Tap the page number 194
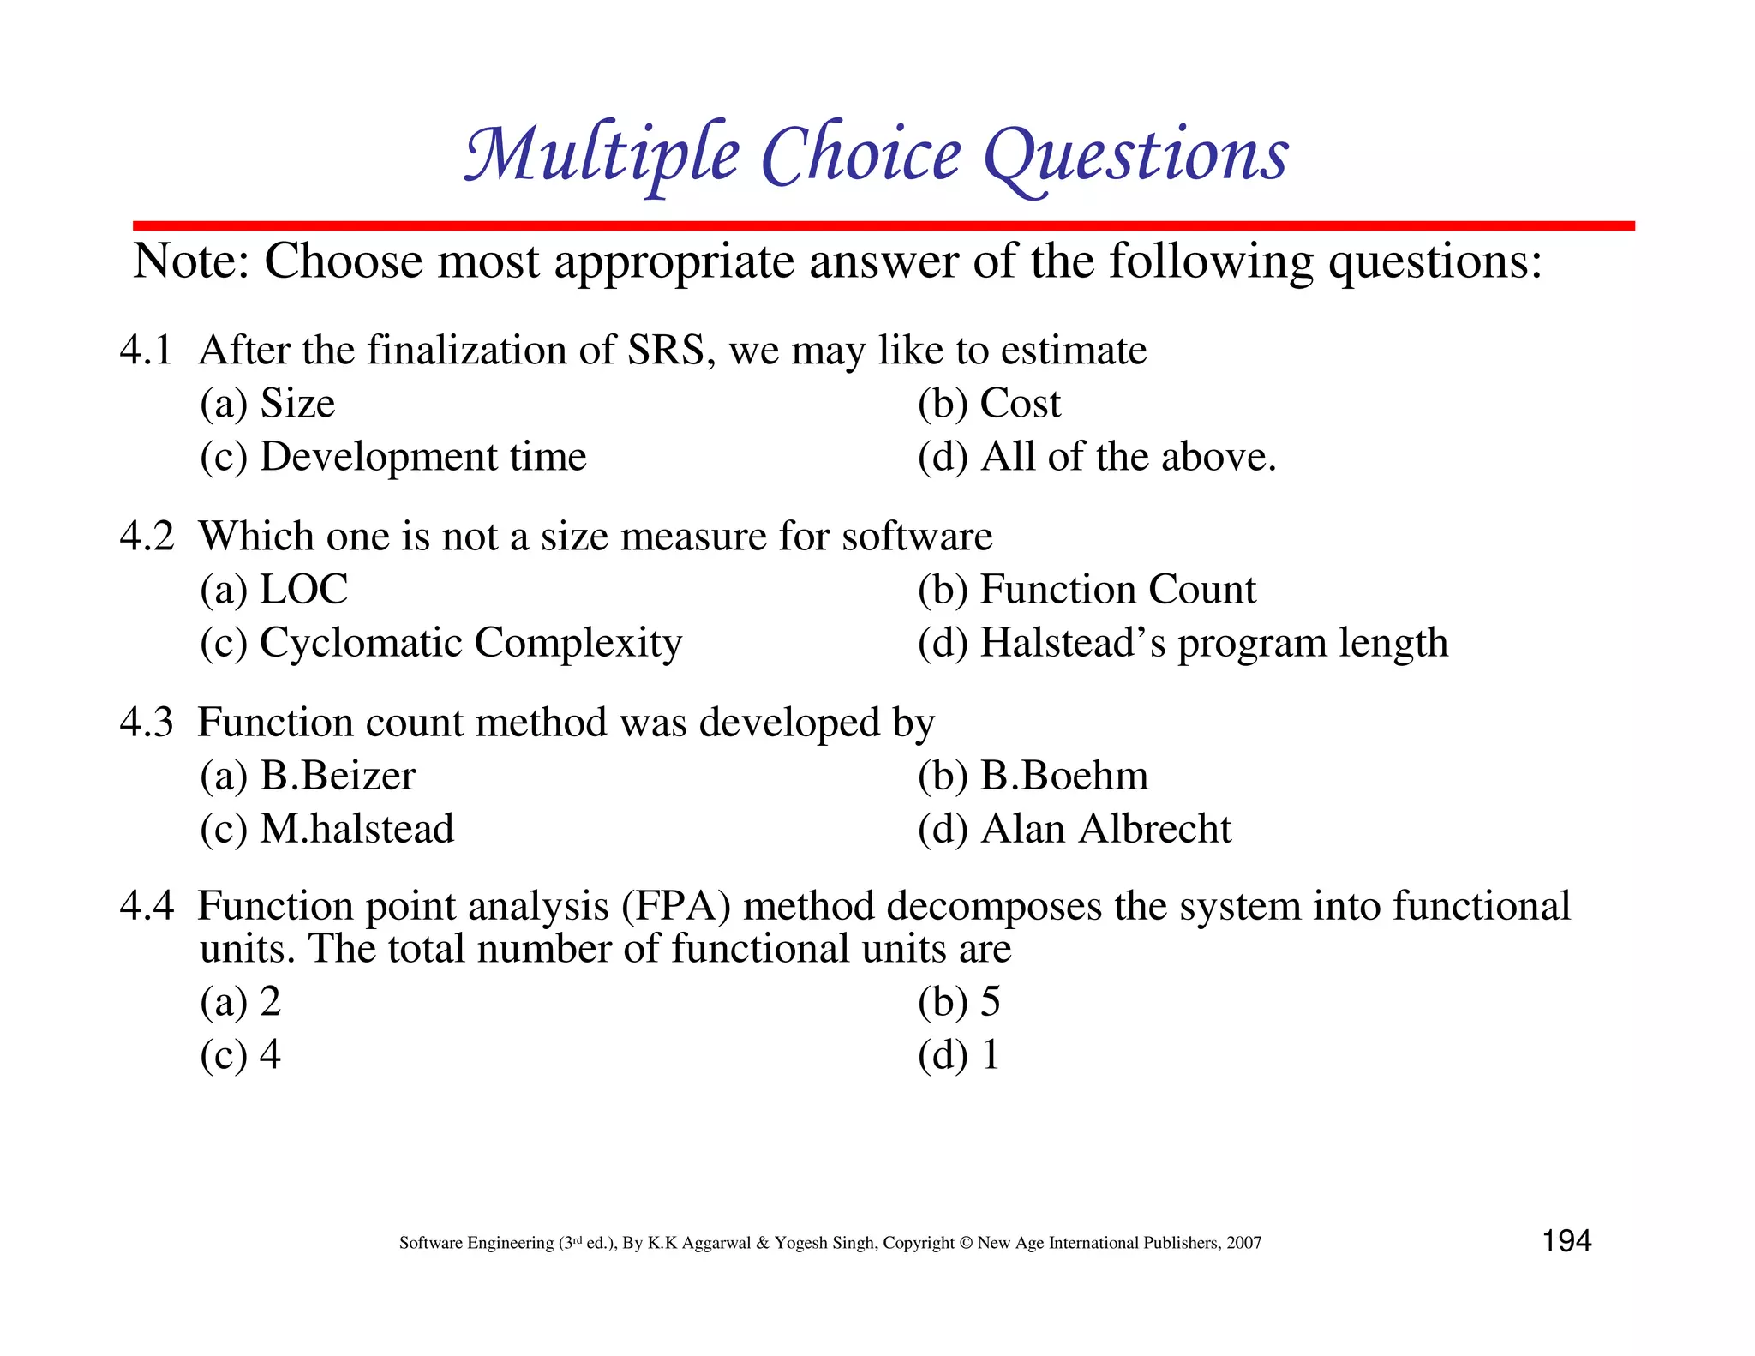click(1566, 1240)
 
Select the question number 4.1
click(146, 351)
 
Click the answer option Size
click(296, 404)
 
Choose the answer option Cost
click(1019, 404)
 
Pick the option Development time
click(422, 457)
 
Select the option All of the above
click(1128, 457)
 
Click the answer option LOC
click(303, 590)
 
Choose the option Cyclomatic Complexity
click(470, 643)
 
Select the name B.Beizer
click(338, 776)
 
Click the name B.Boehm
click(1063, 776)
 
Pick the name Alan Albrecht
click(1105, 829)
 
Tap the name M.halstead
click(356, 829)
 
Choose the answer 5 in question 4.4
click(990, 1001)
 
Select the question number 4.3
click(146, 723)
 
